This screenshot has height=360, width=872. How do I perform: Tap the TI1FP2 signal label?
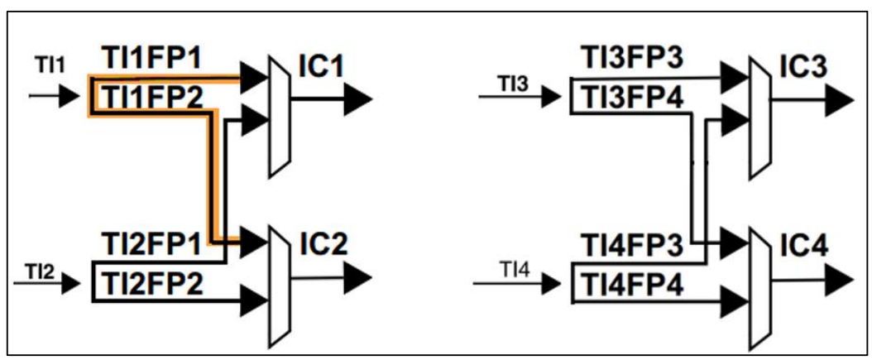154,97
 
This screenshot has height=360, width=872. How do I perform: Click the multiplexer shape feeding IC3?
759,116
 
